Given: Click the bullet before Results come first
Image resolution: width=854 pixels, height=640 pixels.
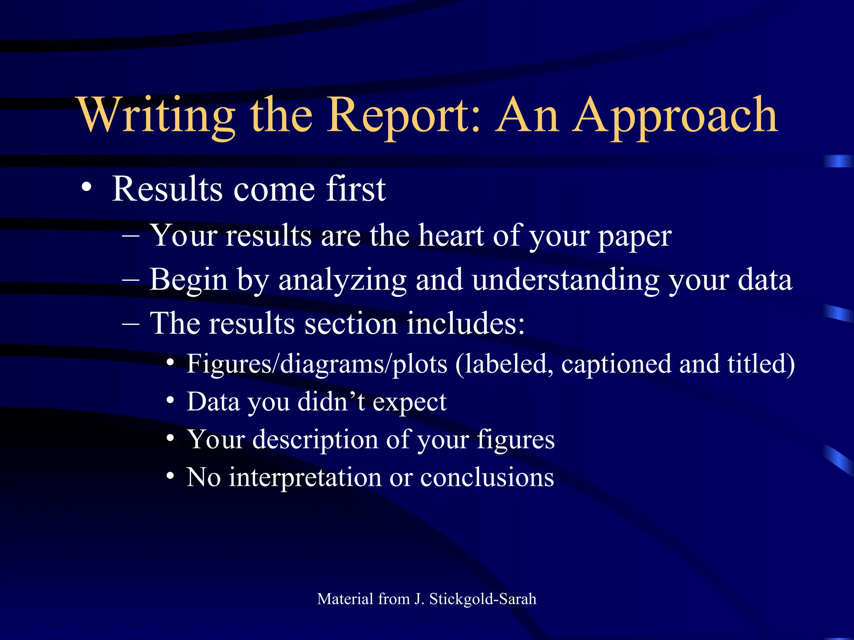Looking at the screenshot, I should click(86, 187).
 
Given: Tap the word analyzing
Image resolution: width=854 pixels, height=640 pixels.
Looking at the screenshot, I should click(342, 280).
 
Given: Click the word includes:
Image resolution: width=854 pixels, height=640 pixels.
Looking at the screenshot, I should click(465, 323).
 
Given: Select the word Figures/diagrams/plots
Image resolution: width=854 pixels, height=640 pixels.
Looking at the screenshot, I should click(317, 364).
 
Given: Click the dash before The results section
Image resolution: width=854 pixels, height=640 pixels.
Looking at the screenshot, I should click(131, 324).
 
